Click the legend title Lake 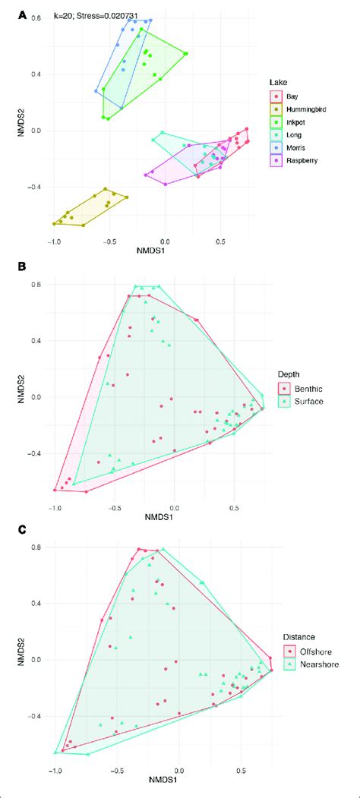(x=278, y=81)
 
